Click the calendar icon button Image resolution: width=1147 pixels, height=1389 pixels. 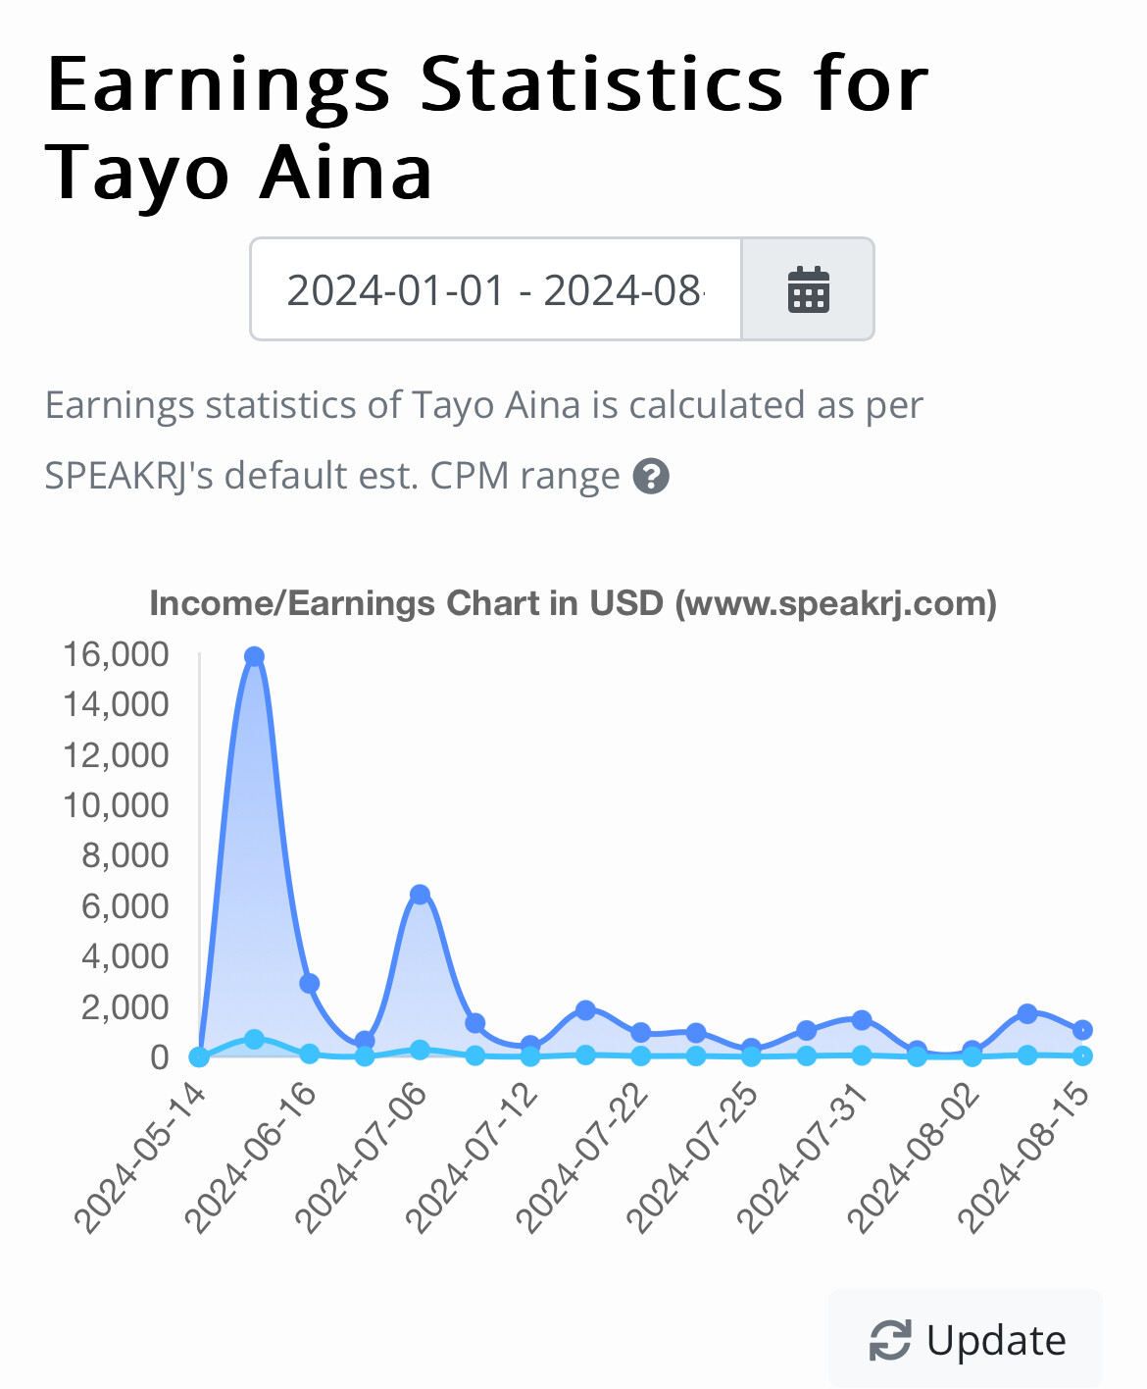click(x=808, y=289)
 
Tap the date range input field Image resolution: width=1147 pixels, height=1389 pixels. click(x=495, y=289)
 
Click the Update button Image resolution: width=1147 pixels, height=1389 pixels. click(x=967, y=1340)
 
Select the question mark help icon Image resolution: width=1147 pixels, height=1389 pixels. click(x=651, y=477)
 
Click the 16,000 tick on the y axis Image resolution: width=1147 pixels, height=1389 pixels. click(x=116, y=653)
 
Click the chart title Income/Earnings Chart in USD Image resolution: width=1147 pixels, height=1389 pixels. click(x=573, y=603)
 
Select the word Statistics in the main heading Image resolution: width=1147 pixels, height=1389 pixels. click(x=602, y=84)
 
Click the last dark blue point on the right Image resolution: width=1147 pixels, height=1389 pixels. click(x=1082, y=1030)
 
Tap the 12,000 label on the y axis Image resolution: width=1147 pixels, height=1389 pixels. click(x=116, y=754)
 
